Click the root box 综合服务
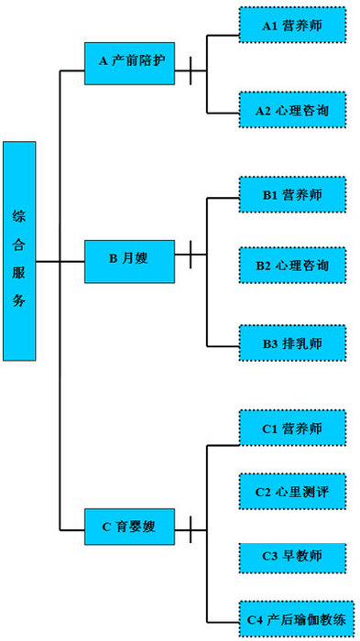tap(19, 250)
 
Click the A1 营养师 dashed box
tap(293, 26)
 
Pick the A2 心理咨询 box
tap(293, 110)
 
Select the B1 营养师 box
tap(293, 194)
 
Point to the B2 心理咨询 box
tap(293, 266)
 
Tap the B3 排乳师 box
tap(293, 343)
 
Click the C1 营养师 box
tap(293, 428)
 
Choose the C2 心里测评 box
tap(293, 492)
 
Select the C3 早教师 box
tap(293, 556)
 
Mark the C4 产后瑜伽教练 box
tap(293, 622)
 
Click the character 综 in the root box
tap(19, 218)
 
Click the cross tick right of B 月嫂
tap(191, 255)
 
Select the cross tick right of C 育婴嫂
tap(191, 528)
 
